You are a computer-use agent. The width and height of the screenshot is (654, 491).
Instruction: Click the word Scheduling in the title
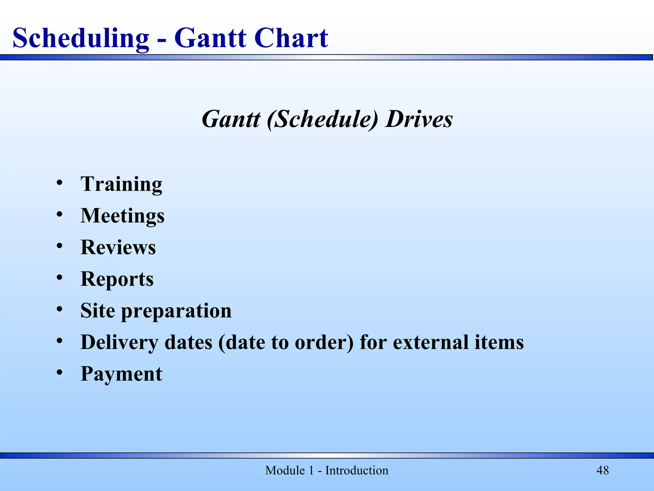(x=80, y=38)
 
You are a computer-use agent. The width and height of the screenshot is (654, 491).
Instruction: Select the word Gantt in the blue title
(x=210, y=38)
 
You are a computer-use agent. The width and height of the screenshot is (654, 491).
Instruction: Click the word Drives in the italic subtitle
(x=419, y=119)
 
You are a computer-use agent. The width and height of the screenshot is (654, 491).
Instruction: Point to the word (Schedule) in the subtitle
(x=323, y=119)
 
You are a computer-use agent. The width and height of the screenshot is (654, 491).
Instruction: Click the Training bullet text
(x=121, y=184)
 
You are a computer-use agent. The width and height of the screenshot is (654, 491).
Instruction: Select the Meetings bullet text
(x=122, y=216)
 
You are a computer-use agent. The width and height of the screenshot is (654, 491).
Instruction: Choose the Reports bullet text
(x=117, y=279)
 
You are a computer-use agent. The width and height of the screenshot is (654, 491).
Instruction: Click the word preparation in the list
(x=176, y=311)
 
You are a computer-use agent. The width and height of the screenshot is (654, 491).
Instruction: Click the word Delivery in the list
(x=119, y=342)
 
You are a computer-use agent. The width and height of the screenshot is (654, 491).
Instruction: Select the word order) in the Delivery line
(x=324, y=342)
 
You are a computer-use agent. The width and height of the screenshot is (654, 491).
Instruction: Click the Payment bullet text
(x=121, y=374)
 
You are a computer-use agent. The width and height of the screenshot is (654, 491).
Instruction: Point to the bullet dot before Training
(x=59, y=183)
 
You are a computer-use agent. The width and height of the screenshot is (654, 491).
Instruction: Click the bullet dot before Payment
(x=59, y=373)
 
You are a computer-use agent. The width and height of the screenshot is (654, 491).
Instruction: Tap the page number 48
(x=603, y=471)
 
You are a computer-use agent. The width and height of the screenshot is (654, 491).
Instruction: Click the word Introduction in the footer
(x=356, y=471)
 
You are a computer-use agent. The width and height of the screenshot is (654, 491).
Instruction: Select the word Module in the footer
(x=285, y=471)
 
